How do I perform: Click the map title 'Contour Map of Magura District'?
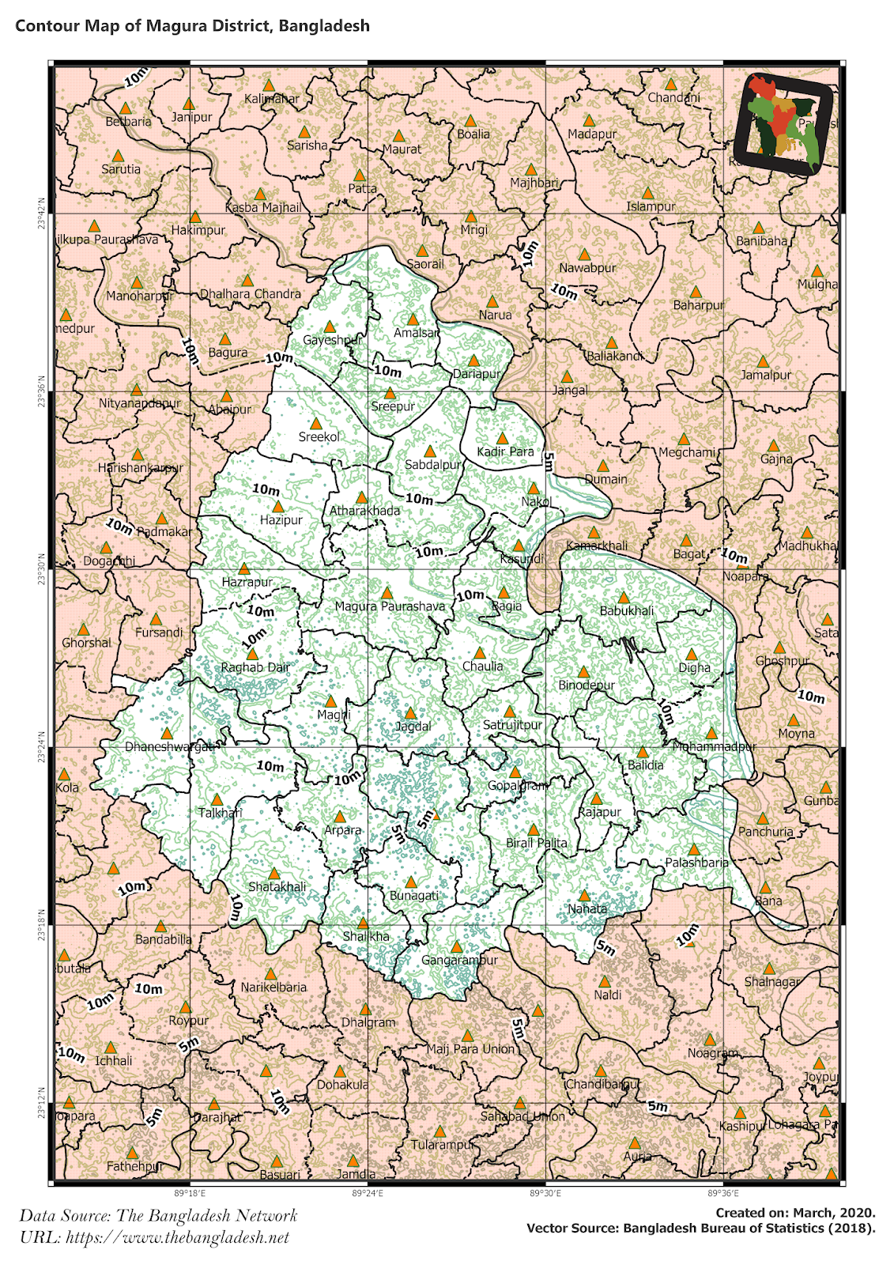[x=192, y=25]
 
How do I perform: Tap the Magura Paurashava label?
[x=390, y=606]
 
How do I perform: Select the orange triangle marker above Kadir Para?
[x=502, y=437]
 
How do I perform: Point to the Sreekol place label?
[x=319, y=437]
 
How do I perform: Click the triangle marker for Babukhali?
[x=624, y=598]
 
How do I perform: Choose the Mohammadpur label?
[x=714, y=746]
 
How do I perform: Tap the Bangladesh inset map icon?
[x=783, y=125]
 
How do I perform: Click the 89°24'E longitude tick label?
[x=367, y=1194]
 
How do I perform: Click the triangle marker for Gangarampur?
[x=456, y=946]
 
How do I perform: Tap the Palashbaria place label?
[x=696, y=863]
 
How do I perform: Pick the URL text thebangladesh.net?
[x=154, y=1237]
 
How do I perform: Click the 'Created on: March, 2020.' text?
[x=795, y=1212]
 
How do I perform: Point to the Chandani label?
[x=673, y=98]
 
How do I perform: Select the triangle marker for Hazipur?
[x=277, y=506]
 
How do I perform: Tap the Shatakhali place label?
[x=277, y=887]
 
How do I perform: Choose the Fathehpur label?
[x=134, y=1166]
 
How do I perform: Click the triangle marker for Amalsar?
[x=412, y=319]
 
